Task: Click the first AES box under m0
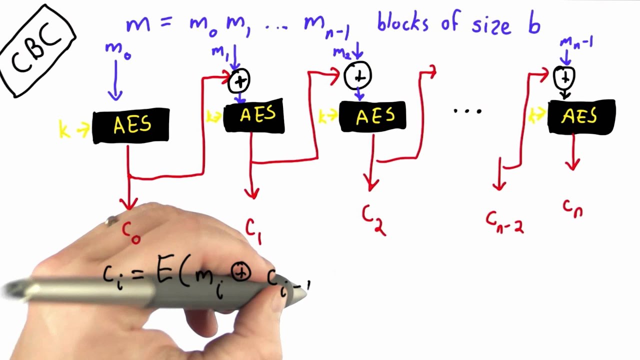tap(131, 125)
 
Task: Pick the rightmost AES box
tap(581, 117)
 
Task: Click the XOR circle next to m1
tap(239, 81)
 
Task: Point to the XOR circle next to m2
tap(358, 75)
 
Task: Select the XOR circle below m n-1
tap(564, 77)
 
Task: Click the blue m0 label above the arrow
tap(117, 50)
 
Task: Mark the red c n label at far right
tap(572, 207)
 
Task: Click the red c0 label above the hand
tap(131, 232)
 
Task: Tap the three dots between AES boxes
tap(467, 111)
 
